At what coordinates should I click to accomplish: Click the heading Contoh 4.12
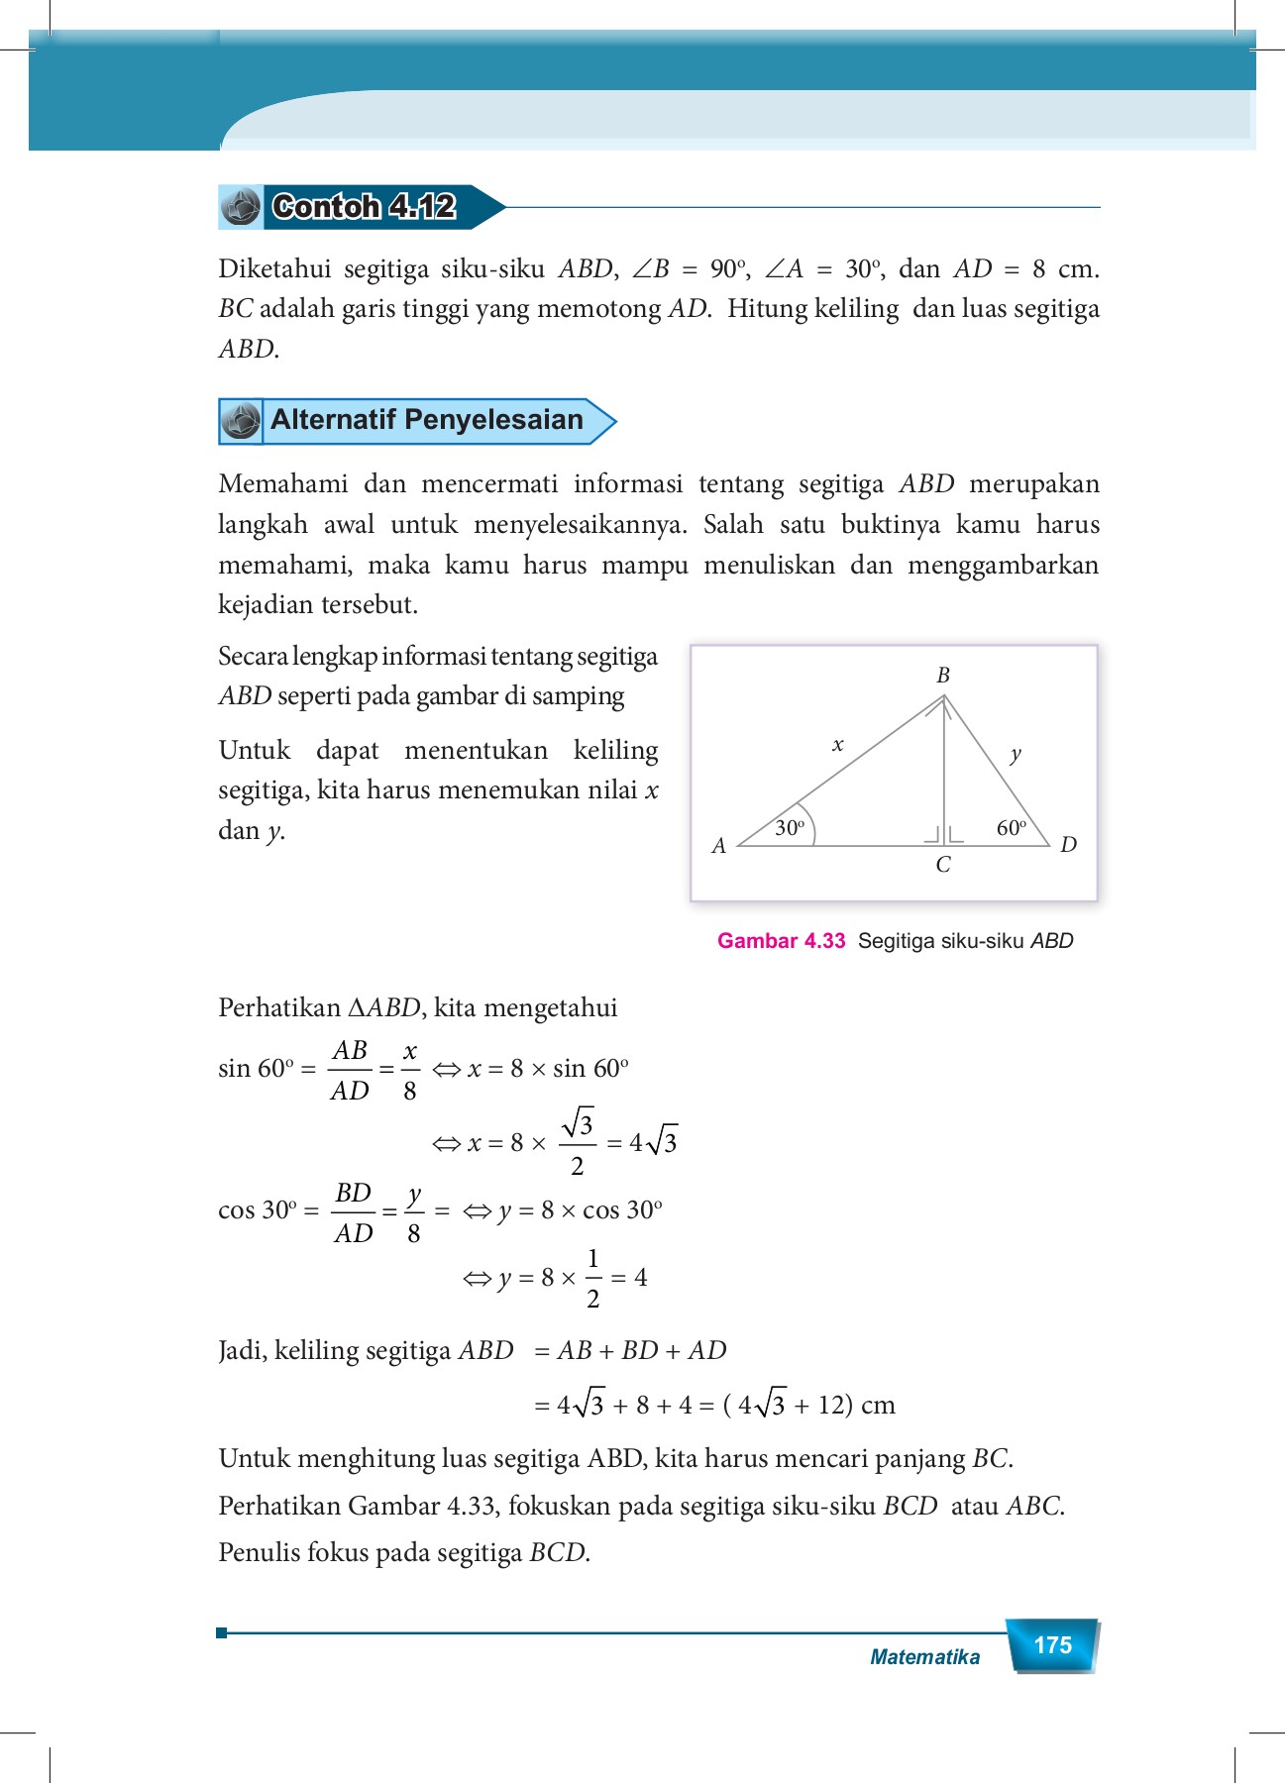click(x=364, y=206)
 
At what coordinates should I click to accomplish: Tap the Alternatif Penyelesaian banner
click(x=426, y=420)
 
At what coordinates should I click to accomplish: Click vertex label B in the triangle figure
click(x=943, y=675)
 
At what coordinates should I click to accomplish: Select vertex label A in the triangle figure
click(x=719, y=846)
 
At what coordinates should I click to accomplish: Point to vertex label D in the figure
click(x=1068, y=845)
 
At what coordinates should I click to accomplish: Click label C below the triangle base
click(x=943, y=865)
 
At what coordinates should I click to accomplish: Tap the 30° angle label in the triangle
click(x=790, y=828)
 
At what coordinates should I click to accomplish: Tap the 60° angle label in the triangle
click(x=1011, y=828)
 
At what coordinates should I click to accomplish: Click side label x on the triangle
click(x=837, y=745)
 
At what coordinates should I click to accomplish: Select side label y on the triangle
click(x=1016, y=755)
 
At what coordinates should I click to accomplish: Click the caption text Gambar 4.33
click(x=781, y=941)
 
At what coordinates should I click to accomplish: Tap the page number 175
click(x=1052, y=1645)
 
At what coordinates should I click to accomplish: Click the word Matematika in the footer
click(x=924, y=1657)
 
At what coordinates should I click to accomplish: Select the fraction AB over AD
click(x=350, y=1070)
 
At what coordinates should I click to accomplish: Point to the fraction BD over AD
click(x=354, y=1212)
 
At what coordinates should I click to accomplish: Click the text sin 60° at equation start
click(x=257, y=1069)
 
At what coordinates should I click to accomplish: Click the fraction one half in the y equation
click(x=592, y=1279)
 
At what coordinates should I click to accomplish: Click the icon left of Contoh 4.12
click(x=240, y=207)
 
